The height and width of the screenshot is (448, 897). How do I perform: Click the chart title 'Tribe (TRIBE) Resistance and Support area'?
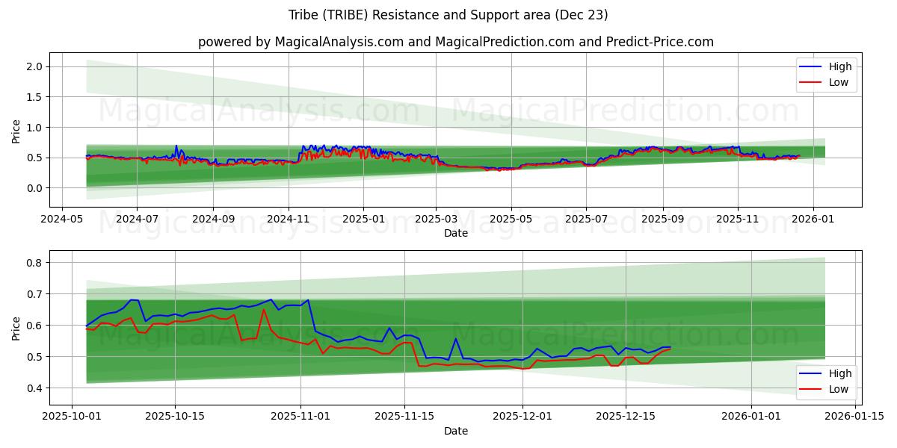click(x=448, y=15)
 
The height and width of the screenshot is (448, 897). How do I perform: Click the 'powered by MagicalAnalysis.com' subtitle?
click(x=455, y=42)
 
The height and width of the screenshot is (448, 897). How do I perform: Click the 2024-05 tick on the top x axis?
click(x=61, y=220)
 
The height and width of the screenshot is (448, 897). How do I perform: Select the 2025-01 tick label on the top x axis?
click(x=363, y=220)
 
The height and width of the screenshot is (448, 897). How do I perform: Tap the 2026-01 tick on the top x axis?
click(x=813, y=220)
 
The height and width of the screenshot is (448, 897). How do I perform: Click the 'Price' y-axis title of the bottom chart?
click(x=16, y=328)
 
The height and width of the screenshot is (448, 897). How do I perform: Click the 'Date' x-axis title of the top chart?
click(x=455, y=233)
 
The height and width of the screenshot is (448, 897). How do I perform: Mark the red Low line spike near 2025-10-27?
click(x=263, y=310)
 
